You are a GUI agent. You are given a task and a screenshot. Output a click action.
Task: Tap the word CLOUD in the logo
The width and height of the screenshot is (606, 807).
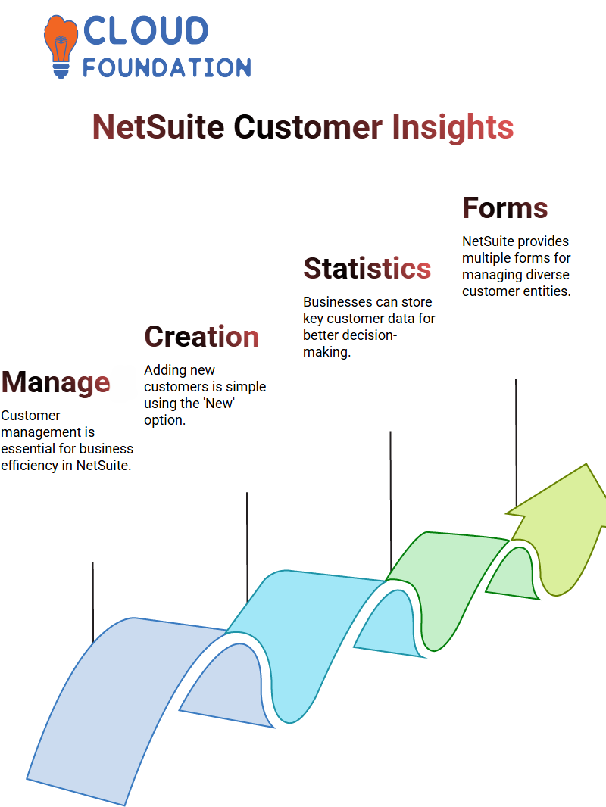tap(145, 30)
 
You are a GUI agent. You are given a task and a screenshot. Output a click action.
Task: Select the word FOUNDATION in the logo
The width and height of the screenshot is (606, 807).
tap(167, 67)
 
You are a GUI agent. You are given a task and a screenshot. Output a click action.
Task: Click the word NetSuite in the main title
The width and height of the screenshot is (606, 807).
tap(158, 127)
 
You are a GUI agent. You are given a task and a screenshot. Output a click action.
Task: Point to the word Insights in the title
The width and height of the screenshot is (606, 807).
tap(452, 127)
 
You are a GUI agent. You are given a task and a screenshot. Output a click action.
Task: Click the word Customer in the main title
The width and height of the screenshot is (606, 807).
tap(308, 127)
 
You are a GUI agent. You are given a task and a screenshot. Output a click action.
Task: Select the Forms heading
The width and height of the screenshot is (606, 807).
tap(505, 208)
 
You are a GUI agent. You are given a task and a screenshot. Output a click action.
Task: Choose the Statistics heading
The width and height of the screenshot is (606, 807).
tap(367, 268)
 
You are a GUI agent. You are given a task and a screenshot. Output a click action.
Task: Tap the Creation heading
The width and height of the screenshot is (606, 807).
tap(201, 337)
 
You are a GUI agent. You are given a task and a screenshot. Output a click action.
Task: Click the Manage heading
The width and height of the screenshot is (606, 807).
tap(55, 382)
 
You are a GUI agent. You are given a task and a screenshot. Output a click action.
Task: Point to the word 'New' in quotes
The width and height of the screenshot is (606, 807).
tap(220, 403)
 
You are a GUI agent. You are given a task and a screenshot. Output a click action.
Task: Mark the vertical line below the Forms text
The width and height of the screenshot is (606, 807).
tap(516, 443)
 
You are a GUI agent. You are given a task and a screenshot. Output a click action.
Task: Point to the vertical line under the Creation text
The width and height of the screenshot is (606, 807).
tap(247, 547)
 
